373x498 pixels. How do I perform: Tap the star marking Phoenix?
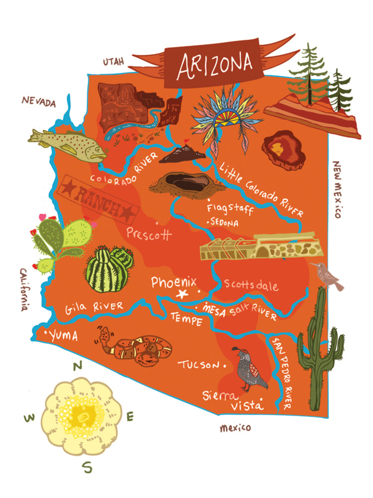[183, 293]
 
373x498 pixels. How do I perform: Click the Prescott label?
[149, 234]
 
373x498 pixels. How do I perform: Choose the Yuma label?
[63, 336]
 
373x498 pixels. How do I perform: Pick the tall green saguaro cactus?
[319, 349]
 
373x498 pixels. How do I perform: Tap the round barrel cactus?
[108, 269]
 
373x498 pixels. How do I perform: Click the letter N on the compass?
[78, 367]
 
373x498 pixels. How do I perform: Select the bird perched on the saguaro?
[327, 276]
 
